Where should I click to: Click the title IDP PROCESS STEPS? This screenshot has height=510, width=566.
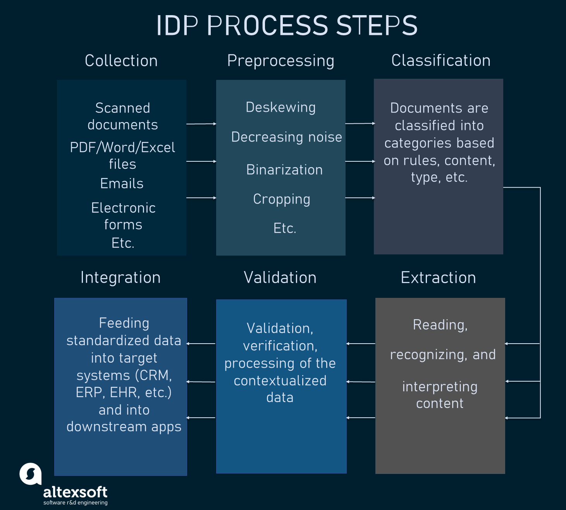point(287,26)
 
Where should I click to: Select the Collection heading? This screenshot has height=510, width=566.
point(121,61)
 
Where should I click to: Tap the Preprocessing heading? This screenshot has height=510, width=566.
point(280,61)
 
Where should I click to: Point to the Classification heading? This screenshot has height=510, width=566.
point(441,61)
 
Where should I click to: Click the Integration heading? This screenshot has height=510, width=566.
point(120,278)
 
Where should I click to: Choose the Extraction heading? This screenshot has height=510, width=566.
point(438,278)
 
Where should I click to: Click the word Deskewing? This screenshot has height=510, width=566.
point(280,107)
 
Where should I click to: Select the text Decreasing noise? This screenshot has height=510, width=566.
point(286,137)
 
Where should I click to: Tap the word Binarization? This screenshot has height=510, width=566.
point(284,170)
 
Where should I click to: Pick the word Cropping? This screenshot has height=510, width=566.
point(282,199)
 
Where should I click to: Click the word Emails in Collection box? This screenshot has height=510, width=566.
point(122,183)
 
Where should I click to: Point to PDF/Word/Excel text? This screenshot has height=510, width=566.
point(122,147)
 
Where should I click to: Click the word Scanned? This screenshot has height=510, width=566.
point(122,108)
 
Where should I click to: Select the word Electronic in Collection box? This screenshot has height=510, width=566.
point(123,208)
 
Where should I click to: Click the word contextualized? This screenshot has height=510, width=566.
point(280,381)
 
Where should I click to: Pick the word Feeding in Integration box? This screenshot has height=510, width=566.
point(124,323)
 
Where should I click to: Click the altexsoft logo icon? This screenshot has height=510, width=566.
point(31,474)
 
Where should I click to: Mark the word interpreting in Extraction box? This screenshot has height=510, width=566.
point(440,387)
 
